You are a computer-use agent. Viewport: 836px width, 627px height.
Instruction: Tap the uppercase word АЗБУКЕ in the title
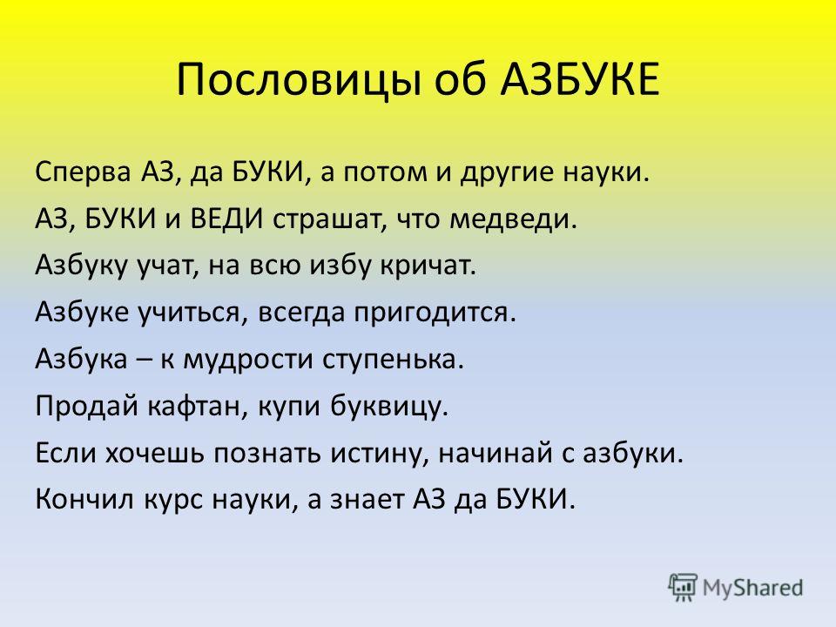tap(580, 79)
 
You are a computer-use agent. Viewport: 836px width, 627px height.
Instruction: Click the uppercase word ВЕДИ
tap(226, 219)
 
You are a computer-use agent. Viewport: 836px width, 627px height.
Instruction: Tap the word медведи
tap(513, 219)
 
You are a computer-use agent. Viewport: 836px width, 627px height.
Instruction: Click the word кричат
tap(428, 266)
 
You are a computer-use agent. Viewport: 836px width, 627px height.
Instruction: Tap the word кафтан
tap(198, 407)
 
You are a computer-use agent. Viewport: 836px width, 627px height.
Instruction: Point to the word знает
tap(367, 502)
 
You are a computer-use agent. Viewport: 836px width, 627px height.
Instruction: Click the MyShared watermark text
tap(752, 588)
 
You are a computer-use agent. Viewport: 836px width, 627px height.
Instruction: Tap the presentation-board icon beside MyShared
tap(683, 588)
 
